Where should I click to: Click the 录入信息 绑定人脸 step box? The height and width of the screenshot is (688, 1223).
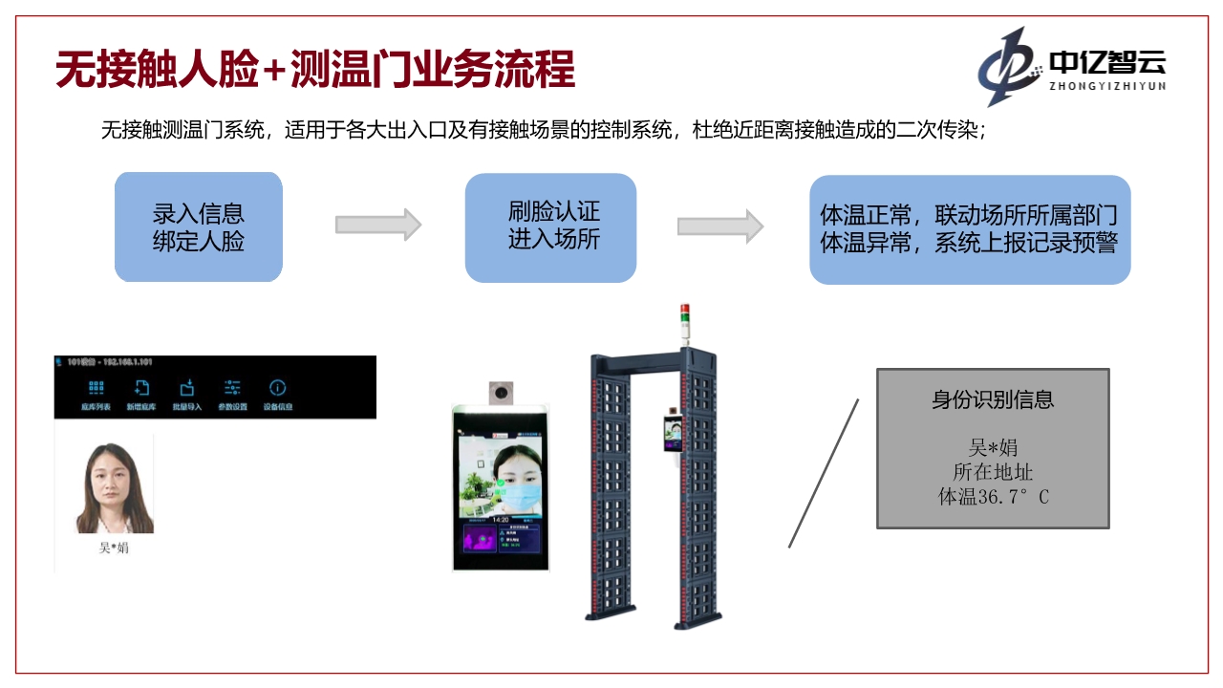tap(199, 227)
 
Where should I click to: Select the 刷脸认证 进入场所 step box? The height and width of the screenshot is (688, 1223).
tap(550, 227)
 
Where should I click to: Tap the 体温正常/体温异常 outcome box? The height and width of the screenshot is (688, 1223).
tap(970, 229)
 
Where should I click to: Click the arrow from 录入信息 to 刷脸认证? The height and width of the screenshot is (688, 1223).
tap(378, 225)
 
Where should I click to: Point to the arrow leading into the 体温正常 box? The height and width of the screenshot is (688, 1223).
tap(720, 226)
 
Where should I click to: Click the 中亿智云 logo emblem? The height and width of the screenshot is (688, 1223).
tap(1009, 66)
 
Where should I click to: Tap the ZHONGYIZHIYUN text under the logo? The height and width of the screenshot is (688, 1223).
tap(1108, 85)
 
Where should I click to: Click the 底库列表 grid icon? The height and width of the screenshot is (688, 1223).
tap(96, 388)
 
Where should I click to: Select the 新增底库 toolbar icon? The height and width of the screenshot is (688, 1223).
tap(141, 388)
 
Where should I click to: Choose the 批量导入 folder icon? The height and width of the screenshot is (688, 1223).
tap(187, 388)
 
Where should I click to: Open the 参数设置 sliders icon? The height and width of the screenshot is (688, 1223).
tap(232, 388)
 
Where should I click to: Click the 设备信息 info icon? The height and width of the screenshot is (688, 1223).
tap(277, 388)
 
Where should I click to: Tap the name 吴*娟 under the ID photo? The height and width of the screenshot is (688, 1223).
tap(114, 548)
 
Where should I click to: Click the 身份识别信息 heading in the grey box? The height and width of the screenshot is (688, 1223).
tap(993, 399)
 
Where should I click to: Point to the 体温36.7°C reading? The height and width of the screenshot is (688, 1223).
tap(993, 497)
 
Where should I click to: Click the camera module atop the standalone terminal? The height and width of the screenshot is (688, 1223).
tap(502, 392)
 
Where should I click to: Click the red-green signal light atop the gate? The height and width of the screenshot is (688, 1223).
tap(684, 320)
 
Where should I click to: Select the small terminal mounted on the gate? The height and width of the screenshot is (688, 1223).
tap(672, 435)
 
